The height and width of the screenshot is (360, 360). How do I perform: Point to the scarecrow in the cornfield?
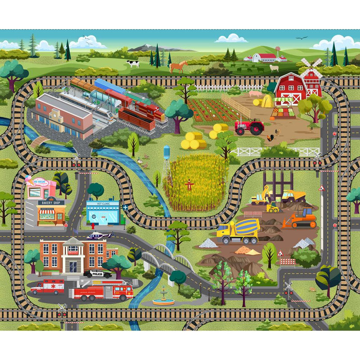pos(189,185)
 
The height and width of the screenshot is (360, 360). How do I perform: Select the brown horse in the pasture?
pos(178,67)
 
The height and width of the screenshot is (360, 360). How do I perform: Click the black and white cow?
pos(133,63)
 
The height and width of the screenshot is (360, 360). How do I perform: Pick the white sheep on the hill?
pos(274,68)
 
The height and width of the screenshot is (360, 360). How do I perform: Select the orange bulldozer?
pos(301,219)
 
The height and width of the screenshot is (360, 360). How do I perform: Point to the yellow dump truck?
pos(293,196)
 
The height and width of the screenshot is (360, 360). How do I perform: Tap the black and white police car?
pos(98,273)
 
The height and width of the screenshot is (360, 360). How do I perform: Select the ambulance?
pos(48,287)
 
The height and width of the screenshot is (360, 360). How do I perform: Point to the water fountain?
pos(163,298)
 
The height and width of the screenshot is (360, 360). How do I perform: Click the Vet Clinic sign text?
pos(103,203)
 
